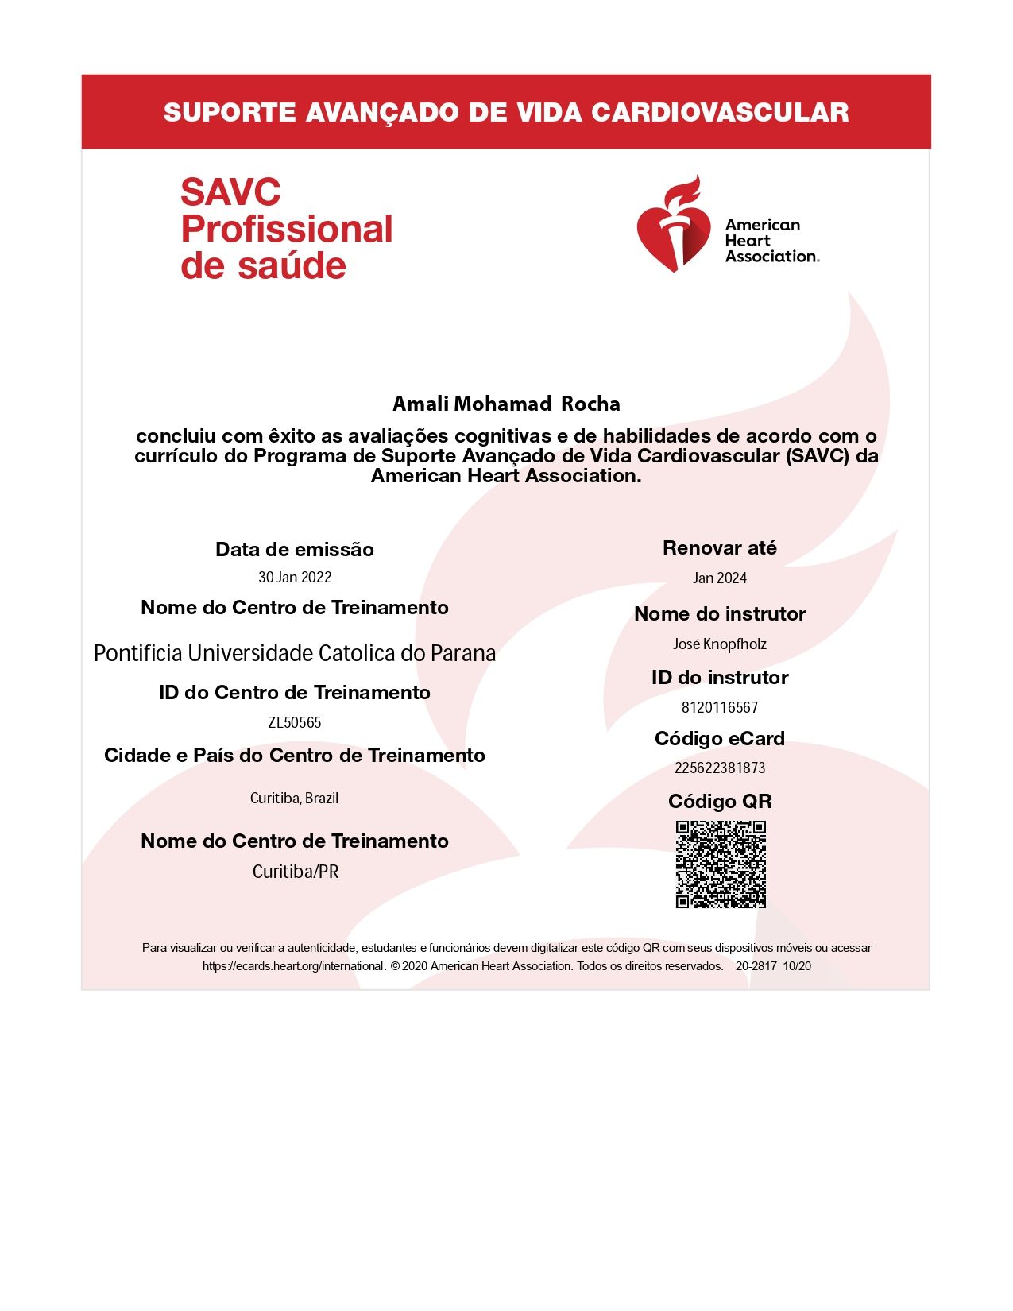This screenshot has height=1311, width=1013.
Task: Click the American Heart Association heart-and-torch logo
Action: [673, 225]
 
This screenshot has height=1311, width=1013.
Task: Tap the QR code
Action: [721, 864]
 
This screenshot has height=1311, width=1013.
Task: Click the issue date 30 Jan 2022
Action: [295, 578]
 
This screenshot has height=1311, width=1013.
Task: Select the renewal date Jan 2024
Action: [720, 578]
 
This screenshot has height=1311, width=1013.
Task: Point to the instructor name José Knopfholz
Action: [720, 644]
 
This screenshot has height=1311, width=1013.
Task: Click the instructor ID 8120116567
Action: [720, 707]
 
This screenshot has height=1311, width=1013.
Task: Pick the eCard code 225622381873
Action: [720, 768]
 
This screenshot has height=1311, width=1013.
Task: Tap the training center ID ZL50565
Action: [295, 723]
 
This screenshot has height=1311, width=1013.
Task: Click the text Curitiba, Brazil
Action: [295, 799]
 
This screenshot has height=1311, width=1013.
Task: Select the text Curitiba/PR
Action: [296, 872]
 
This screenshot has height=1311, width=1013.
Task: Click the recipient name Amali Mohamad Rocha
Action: [506, 404]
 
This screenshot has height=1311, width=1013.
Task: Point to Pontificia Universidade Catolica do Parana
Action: [295, 654]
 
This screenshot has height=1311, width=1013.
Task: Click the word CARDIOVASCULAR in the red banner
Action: [720, 113]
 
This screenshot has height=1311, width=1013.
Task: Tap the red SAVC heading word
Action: [230, 193]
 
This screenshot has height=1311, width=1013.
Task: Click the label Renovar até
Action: [720, 548]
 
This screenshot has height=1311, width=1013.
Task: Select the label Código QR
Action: [720, 802]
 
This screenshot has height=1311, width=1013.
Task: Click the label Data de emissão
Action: [295, 550]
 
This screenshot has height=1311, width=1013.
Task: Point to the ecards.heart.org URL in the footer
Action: [294, 967]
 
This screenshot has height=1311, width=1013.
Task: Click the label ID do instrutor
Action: [720, 678]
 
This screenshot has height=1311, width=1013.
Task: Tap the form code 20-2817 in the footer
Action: [756, 967]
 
